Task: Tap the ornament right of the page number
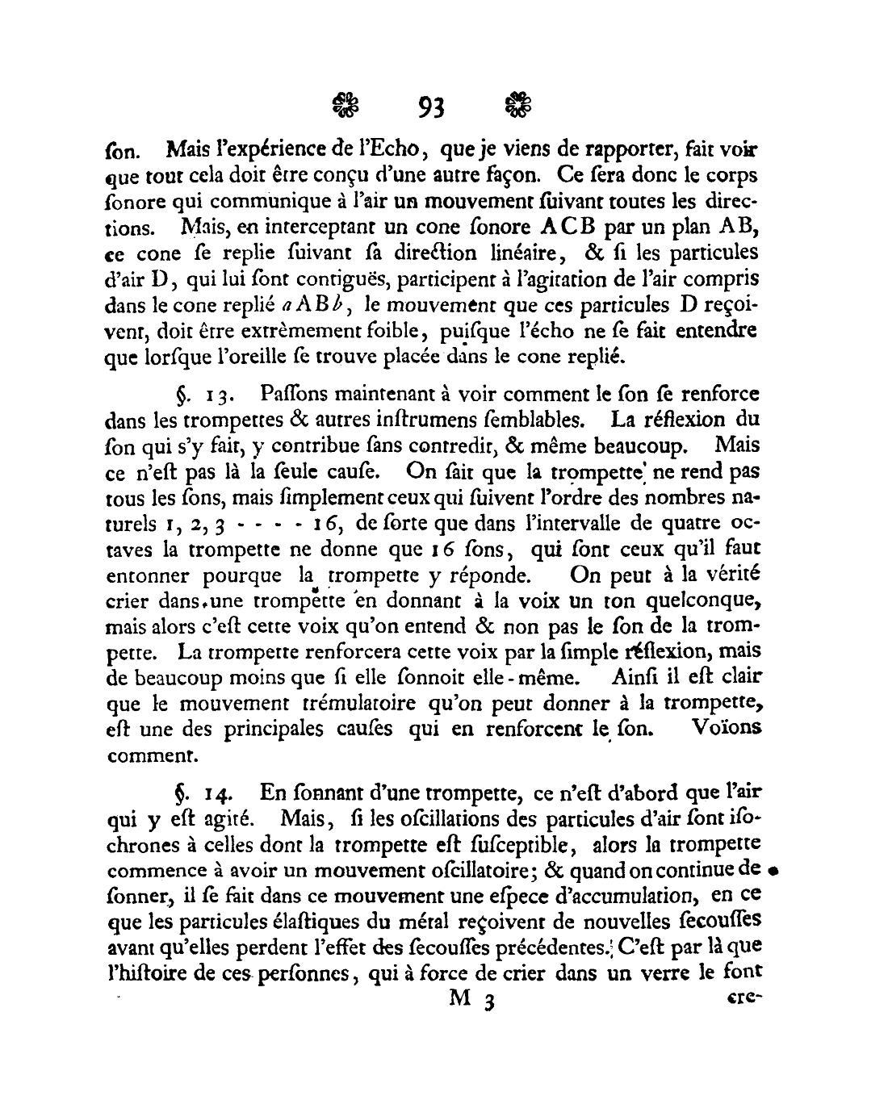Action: (518, 105)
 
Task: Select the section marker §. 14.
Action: (193, 794)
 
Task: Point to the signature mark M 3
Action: (471, 998)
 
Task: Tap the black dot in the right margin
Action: (773, 872)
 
